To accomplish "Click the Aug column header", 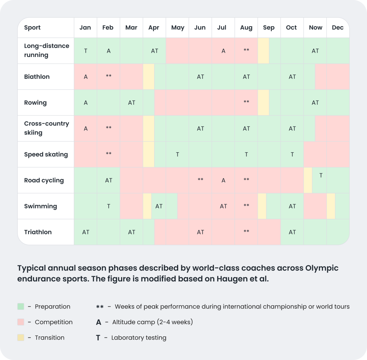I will coord(246,28).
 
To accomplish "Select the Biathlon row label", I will coord(37,77).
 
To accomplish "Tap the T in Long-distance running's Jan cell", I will coord(86,51).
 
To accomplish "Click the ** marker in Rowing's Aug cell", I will coord(246,102).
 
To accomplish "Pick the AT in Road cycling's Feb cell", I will coord(109,180).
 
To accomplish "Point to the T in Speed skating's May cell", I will coord(177,154).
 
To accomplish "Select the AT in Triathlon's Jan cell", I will coord(86,232).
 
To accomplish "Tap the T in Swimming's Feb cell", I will coord(109,206).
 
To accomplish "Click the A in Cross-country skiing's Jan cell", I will coord(86,129).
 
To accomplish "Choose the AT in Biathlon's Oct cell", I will coord(292,77).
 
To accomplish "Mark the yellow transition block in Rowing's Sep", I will coord(263,102).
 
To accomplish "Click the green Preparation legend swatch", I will coord(21,307).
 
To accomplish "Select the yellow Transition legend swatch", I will coord(21,337).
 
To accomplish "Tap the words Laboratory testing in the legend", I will coord(139,337).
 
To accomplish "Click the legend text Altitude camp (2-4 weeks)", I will coord(152,322).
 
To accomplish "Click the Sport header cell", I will coord(32,28).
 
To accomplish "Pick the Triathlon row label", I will coord(38,232).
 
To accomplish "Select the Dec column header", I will coord(338,28).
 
